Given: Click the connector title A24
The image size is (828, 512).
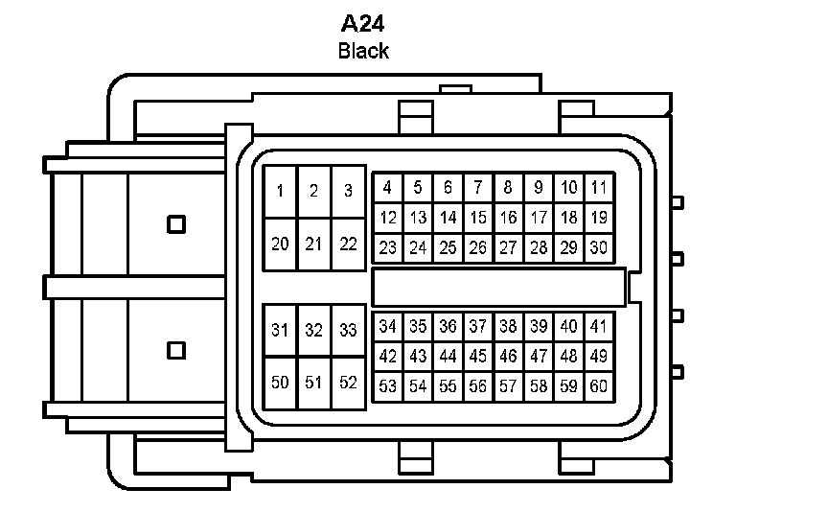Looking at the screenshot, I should pyautogui.click(x=364, y=23).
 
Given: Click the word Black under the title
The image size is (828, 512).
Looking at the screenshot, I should pyautogui.click(x=363, y=51).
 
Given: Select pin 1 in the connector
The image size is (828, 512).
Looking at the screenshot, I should pyautogui.click(x=280, y=191).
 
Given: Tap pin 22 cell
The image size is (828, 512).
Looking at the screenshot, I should pyautogui.click(x=348, y=244).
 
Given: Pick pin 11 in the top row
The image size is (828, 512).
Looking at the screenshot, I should pyautogui.click(x=599, y=188).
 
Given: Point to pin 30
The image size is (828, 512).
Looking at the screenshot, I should pyautogui.click(x=599, y=248).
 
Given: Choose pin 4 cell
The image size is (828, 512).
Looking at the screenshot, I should pyautogui.click(x=387, y=188).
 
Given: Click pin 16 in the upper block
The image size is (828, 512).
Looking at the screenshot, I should pyautogui.click(x=508, y=218).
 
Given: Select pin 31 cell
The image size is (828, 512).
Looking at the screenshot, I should pyautogui.click(x=280, y=331).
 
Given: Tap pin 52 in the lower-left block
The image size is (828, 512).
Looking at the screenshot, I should pyautogui.click(x=348, y=383).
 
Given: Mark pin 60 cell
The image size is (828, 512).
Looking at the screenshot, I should pyautogui.click(x=599, y=386).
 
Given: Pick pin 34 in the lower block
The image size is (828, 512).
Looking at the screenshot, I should pyautogui.click(x=387, y=326).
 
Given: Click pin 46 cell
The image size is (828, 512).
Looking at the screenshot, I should pyautogui.click(x=508, y=357).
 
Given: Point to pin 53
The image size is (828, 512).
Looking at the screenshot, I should pyautogui.click(x=387, y=386).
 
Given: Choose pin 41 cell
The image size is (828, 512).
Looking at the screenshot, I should pyautogui.click(x=599, y=326).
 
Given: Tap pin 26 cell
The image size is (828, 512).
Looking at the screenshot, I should pyautogui.click(x=477, y=248).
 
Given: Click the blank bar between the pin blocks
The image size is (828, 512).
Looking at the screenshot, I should pyautogui.click(x=498, y=288).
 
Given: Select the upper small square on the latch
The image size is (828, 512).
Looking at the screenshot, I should pyautogui.click(x=175, y=224).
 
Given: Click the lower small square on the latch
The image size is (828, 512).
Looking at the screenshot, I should pyautogui.click(x=175, y=350).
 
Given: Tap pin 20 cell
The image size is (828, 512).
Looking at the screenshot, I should pyautogui.click(x=280, y=244).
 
